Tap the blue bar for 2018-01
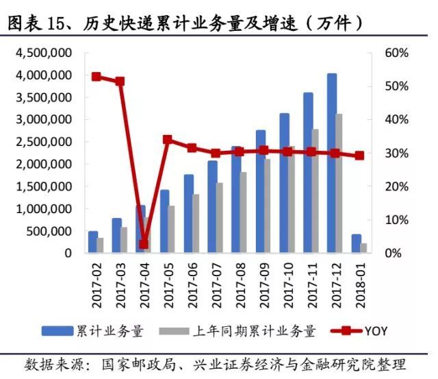point(356,244)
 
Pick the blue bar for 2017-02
point(93,242)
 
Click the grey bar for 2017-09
point(268,206)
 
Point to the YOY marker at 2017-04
point(144,244)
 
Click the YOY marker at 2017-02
point(96,77)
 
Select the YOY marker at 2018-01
point(359,156)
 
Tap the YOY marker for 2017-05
point(168,139)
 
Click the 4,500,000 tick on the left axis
point(45,53)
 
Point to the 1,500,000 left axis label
point(45,186)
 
